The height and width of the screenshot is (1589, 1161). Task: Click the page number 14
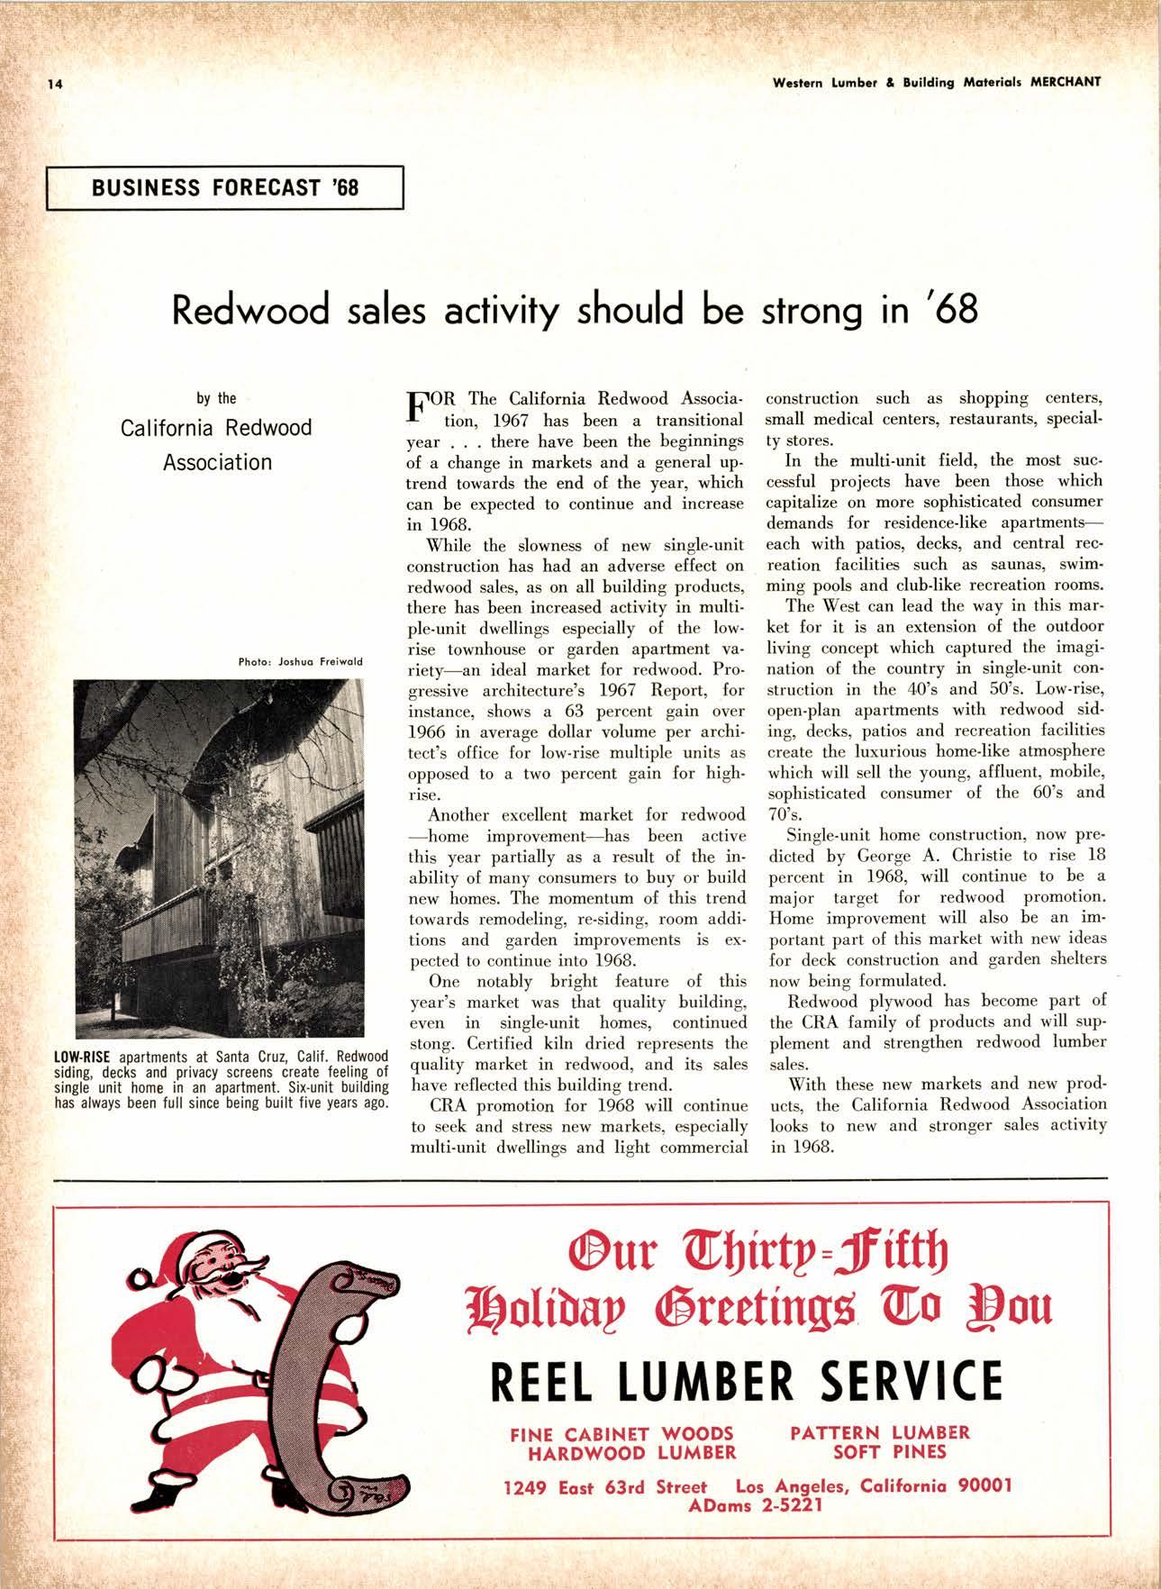pyautogui.click(x=55, y=84)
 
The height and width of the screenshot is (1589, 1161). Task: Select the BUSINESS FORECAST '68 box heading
pyautogui.click(x=224, y=187)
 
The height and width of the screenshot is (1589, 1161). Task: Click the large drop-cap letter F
pyautogui.click(x=419, y=404)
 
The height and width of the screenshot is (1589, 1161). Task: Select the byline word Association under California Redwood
pyautogui.click(x=217, y=462)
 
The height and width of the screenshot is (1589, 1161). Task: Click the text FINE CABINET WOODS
pyautogui.click(x=621, y=1432)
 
